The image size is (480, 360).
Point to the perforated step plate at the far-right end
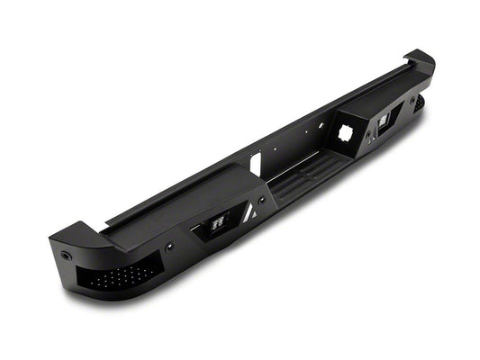(419, 103)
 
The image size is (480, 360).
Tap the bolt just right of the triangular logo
(262, 200)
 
